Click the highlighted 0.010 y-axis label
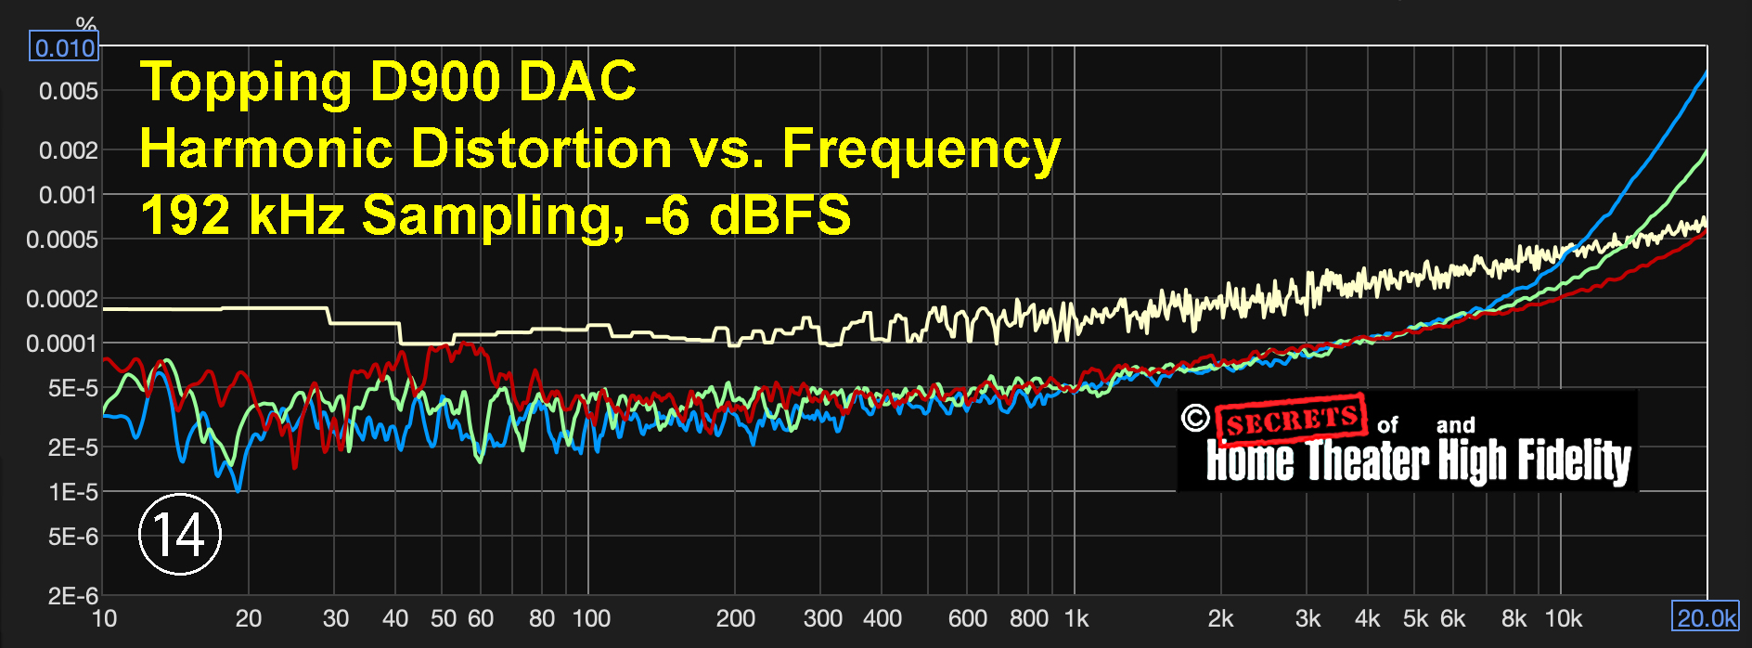click(x=64, y=47)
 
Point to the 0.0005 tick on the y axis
click(x=62, y=240)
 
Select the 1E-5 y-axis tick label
click(x=72, y=492)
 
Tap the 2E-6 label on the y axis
click(x=72, y=596)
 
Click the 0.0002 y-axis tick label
click(x=62, y=299)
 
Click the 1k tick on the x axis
click(x=1076, y=618)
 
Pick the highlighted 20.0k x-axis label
click(x=1706, y=618)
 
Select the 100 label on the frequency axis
click(x=591, y=618)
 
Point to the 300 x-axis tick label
click(x=823, y=618)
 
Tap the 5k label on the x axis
click(x=1416, y=618)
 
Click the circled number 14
click(x=179, y=534)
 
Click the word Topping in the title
click(x=246, y=82)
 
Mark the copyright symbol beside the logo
click(x=1195, y=418)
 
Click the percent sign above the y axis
click(x=86, y=24)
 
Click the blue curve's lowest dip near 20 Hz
click(x=238, y=489)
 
